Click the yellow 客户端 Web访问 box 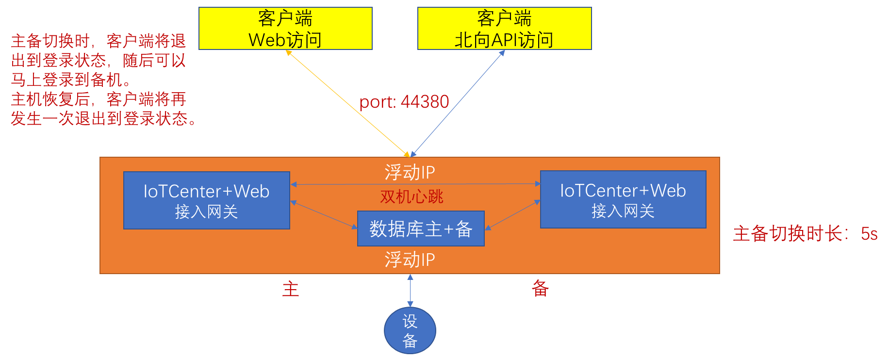pos(285,29)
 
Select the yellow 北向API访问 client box pos(504,29)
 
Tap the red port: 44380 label pos(404,102)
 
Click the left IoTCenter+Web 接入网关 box pos(206,200)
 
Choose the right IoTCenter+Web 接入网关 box pos(623,199)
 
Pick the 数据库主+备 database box pos(421,229)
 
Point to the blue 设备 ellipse pos(410,330)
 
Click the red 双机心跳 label pos(412,196)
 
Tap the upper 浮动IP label pos(410,172)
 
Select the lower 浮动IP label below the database pos(410,260)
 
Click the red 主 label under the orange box pos(291,289)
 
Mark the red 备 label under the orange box pos(540,289)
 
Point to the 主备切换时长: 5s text pos(805,234)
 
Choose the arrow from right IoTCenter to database pos(512,214)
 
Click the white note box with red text pos(104,80)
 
